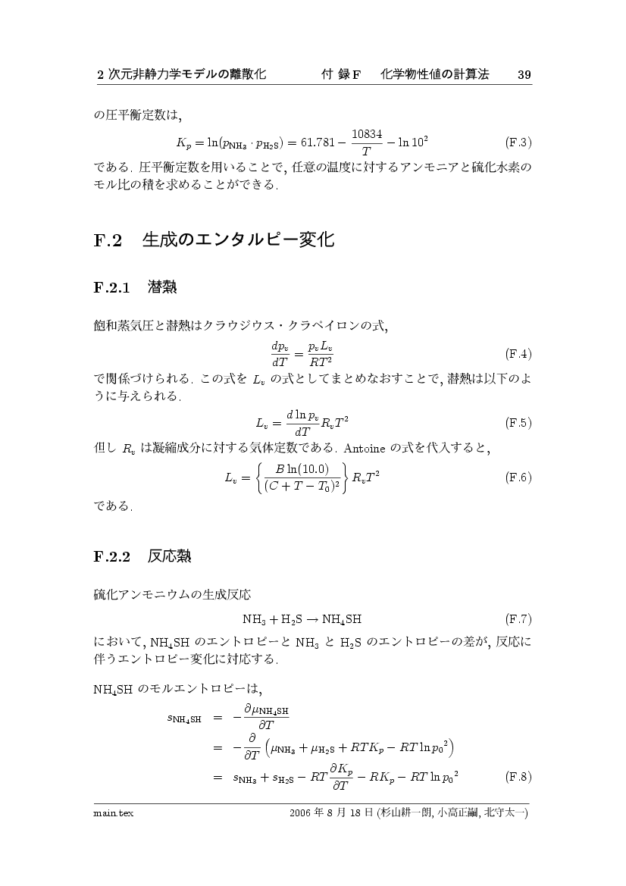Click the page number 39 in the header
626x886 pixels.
pos(524,74)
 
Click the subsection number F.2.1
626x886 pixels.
pos(112,288)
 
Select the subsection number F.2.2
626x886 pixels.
pos(112,557)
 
